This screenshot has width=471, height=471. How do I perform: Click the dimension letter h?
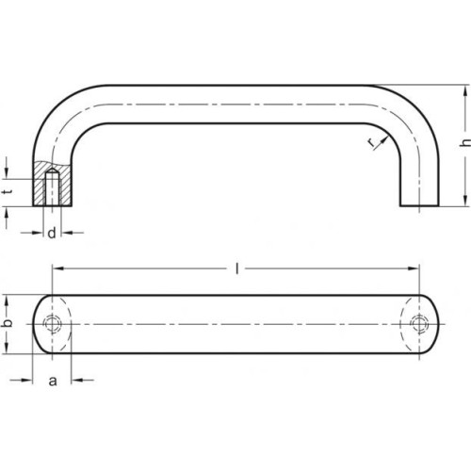point(465,142)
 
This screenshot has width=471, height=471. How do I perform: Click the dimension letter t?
point(9,191)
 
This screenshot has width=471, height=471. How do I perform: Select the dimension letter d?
point(52,233)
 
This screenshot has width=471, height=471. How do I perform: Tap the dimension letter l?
point(237,268)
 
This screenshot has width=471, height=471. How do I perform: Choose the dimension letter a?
point(53,381)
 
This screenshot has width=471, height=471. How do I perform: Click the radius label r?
point(372,143)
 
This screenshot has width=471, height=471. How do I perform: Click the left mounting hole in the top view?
point(52,324)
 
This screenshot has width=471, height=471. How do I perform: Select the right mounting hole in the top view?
point(419,324)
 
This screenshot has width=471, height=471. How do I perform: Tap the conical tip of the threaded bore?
point(52,171)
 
